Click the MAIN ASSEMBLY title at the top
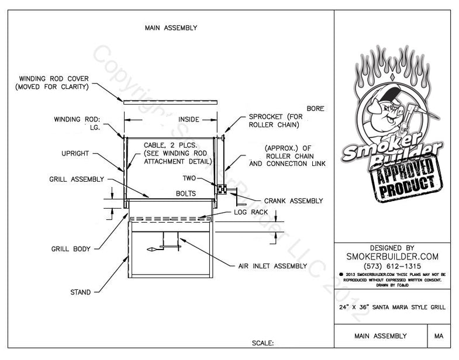tap(170, 27)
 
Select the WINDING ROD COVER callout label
tap(53, 82)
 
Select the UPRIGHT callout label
tap(75, 153)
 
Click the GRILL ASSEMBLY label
tap(77, 179)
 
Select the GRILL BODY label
tap(70, 249)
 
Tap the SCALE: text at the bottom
tap(263, 344)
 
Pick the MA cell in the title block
tap(439, 336)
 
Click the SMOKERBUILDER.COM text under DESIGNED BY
tap(392, 255)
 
